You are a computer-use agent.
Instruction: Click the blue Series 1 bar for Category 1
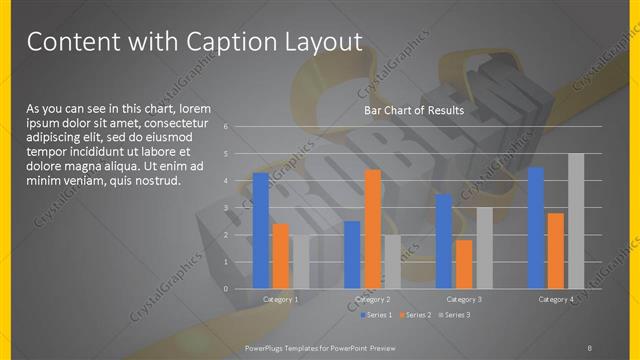click(x=261, y=230)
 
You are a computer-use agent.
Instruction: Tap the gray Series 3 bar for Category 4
click(x=576, y=221)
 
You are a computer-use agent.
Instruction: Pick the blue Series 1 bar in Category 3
click(x=444, y=241)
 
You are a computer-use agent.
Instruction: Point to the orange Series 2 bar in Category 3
click(x=464, y=264)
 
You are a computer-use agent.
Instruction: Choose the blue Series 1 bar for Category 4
click(x=536, y=227)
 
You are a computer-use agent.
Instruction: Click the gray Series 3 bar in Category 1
click(x=300, y=262)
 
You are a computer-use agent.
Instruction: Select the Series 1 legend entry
click(x=376, y=315)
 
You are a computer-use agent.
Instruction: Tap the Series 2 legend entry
click(x=414, y=315)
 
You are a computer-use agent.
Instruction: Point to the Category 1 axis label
click(x=281, y=299)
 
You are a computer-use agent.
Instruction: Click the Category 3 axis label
click(x=464, y=299)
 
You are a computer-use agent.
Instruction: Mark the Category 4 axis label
click(x=556, y=299)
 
